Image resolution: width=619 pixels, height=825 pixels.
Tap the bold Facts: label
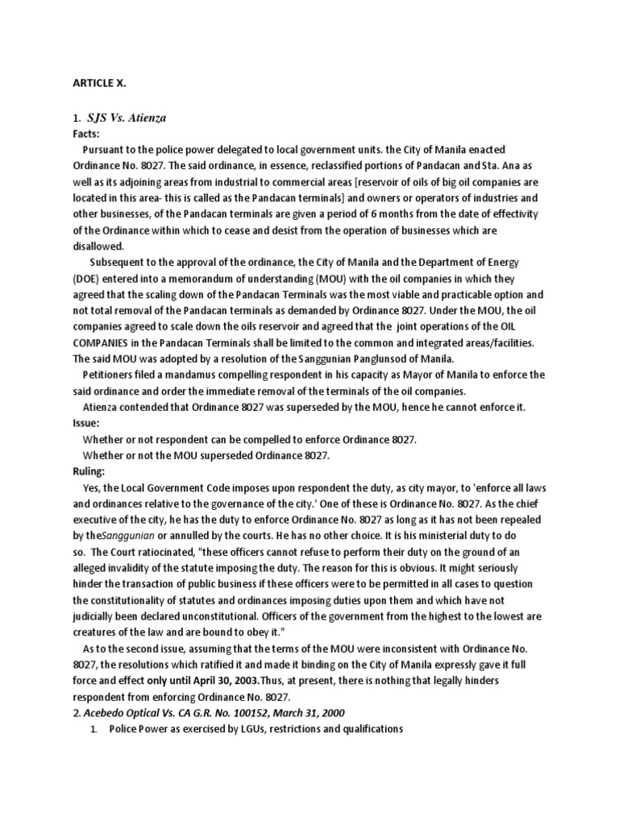(85, 135)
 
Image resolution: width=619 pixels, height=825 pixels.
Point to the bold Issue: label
(86, 422)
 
